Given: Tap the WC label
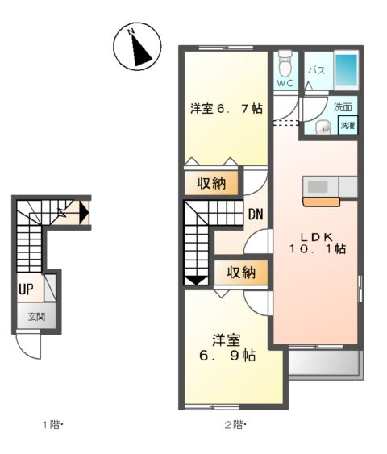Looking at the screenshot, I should tap(284, 82).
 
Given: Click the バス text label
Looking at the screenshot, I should tap(316, 70).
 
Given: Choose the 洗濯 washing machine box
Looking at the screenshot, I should tap(347, 126).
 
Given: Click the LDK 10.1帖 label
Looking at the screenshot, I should tap(318, 243).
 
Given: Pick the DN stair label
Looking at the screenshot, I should tap(256, 215).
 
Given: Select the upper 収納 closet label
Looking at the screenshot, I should tap(211, 183).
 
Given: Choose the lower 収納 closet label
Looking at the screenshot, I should tap(239, 273).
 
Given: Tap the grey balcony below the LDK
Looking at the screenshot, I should tap(324, 364).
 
